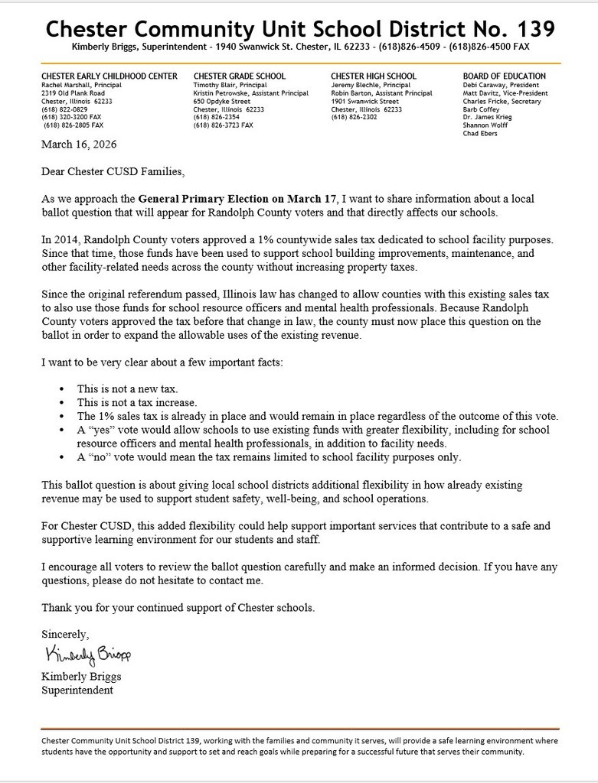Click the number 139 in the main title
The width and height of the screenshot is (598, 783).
pyautogui.click(x=531, y=29)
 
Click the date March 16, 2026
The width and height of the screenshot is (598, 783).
pyautogui.click(x=79, y=144)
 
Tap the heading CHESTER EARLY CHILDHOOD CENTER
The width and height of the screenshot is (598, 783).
pyautogui.click(x=109, y=76)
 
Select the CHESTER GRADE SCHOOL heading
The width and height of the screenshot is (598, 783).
pyautogui.click(x=240, y=76)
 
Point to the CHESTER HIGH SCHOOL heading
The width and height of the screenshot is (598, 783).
pyautogui.click(x=374, y=76)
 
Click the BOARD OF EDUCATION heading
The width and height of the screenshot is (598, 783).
pyautogui.click(x=505, y=76)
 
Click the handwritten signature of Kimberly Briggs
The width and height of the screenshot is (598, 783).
pyautogui.click(x=88, y=655)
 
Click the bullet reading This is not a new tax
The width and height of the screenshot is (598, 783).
pyautogui.click(x=127, y=388)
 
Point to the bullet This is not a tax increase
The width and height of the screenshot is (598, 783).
pyautogui.click(x=137, y=402)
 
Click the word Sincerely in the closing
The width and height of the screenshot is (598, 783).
pyautogui.click(x=65, y=635)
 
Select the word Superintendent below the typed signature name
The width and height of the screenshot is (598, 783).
pyautogui.click(x=77, y=690)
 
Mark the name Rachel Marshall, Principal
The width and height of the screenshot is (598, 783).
pyautogui.click(x=81, y=85)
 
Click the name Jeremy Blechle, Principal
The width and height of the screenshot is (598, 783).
pyautogui.click(x=371, y=85)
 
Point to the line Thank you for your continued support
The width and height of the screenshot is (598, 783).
pyautogui.click(x=178, y=607)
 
